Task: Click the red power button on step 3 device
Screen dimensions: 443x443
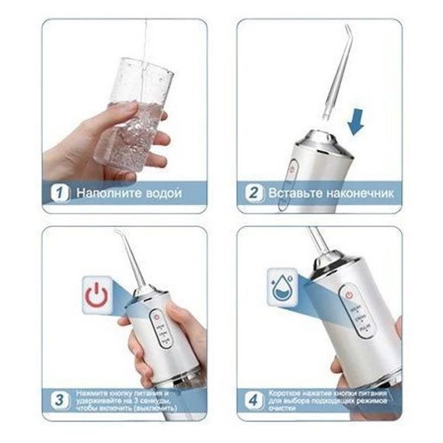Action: click(157, 317)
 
